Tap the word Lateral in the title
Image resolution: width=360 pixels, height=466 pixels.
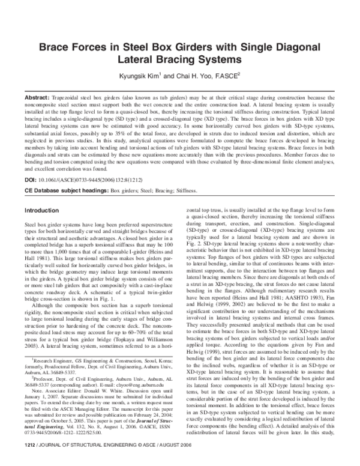140,61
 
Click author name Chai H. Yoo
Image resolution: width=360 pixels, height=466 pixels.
185,76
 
